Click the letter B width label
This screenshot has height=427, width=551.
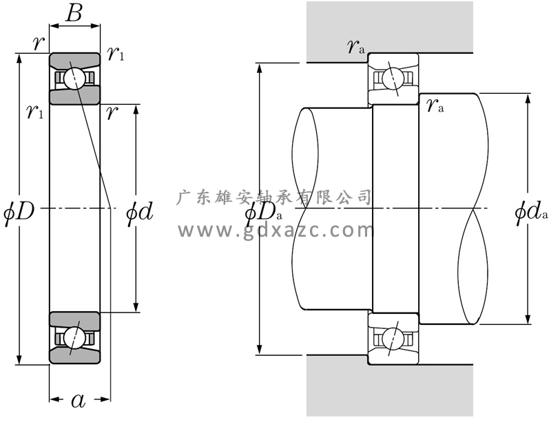click(x=74, y=12)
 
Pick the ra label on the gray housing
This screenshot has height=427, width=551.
click(x=355, y=47)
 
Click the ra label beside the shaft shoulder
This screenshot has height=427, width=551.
click(x=435, y=106)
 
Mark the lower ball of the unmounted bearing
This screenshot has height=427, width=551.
click(x=75, y=338)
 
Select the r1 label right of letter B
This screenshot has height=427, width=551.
click(x=115, y=54)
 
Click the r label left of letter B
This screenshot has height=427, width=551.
click(x=38, y=43)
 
